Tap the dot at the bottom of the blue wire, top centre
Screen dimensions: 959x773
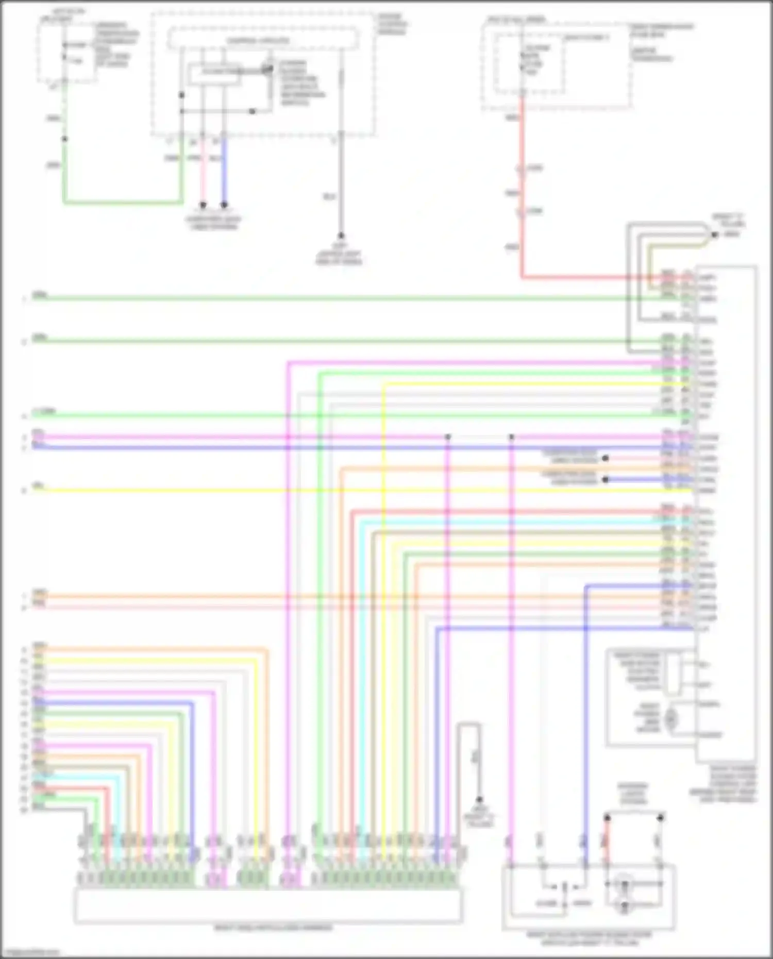point(224,205)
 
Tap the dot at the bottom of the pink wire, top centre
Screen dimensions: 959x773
point(203,205)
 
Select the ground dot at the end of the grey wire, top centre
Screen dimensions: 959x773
point(341,236)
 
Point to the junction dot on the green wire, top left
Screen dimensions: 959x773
point(64,139)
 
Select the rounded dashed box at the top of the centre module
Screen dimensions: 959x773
point(263,40)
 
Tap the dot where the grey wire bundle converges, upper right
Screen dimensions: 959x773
point(715,235)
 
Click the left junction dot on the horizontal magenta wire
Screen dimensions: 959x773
point(448,437)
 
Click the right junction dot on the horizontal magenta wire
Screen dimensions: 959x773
point(511,437)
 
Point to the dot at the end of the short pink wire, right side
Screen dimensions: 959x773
point(606,458)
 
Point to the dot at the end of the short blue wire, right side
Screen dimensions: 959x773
point(606,479)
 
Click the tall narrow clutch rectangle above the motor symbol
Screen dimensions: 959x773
point(674,674)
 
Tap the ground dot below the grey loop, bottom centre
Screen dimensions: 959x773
point(479,800)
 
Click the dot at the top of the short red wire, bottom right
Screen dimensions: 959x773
point(607,817)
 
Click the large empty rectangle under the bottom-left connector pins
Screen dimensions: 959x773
point(268,906)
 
